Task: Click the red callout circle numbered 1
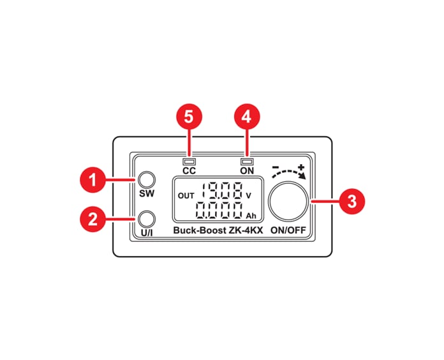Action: point(93,181)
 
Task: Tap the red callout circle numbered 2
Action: point(93,220)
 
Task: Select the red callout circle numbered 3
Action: point(351,200)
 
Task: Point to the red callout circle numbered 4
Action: point(248,117)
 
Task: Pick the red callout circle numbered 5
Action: point(189,117)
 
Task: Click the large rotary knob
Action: point(289,200)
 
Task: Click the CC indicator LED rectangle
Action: point(188,161)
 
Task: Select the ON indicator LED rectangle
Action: point(247,161)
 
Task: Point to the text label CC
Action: point(188,171)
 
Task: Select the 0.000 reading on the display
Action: point(219,211)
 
